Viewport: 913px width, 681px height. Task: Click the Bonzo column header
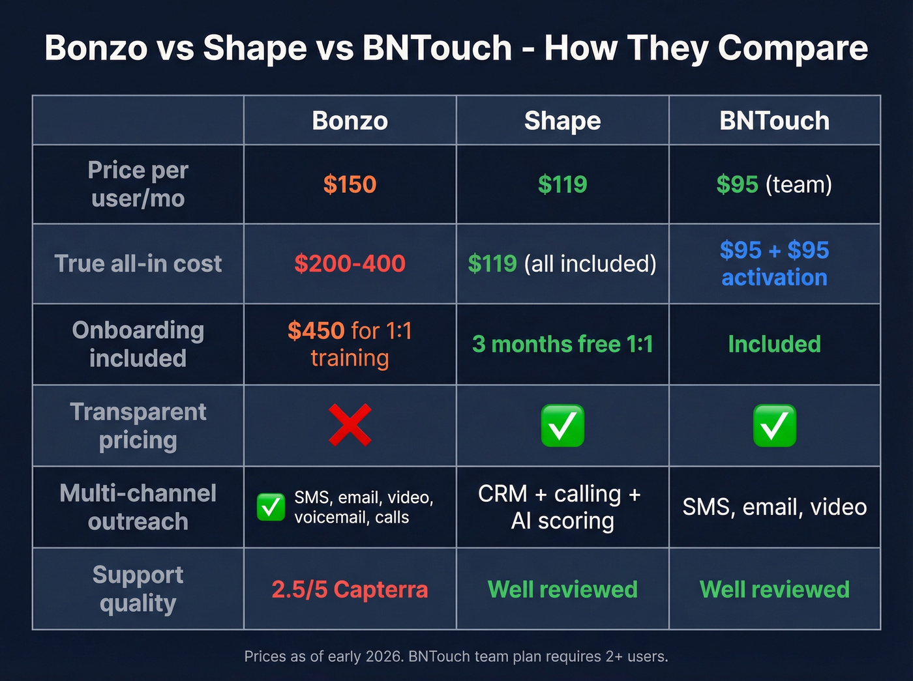pyautogui.click(x=350, y=121)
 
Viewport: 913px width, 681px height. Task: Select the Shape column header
pyautogui.click(x=562, y=121)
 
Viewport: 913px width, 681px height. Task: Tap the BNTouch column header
pyautogui.click(x=774, y=121)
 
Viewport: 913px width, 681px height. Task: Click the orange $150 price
pyautogui.click(x=350, y=184)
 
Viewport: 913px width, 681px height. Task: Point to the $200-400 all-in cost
pyautogui.click(x=350, y=263)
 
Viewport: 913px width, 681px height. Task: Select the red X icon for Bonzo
pyautogui.click(x=350, y=426)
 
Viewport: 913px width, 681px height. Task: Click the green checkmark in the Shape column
pyautogui.click(x=562, y=426)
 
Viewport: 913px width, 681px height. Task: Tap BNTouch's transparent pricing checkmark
pyautogui.click(x=774, y=426)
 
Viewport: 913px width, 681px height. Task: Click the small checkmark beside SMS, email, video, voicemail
pyautogui.click(x=271, y=507)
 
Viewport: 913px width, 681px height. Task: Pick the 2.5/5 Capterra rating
pyautogui.click(x=350, y=589)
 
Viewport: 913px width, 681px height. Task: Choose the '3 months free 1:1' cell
pyautogui.click(x=562, y=344)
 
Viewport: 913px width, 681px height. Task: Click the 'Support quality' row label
pyautogui.click(x=138, y=589)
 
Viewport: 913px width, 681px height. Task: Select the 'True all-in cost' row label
pyautogui.click(x=138, y=263)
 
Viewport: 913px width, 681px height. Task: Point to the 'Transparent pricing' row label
pyautogui.click(x=138, y=426)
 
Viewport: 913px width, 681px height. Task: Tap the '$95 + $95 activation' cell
pyautogui.click(x=774, y=263)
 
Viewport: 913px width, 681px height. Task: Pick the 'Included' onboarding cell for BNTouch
pyautogui.click(x=774, y=344)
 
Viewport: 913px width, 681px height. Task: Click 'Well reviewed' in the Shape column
pyautogui.click(x=562, y=589)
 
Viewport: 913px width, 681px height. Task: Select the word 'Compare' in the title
pyautogui.click(x=792, y=48)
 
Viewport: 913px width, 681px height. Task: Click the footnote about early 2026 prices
pyautogui.click(x=456, y=656)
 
